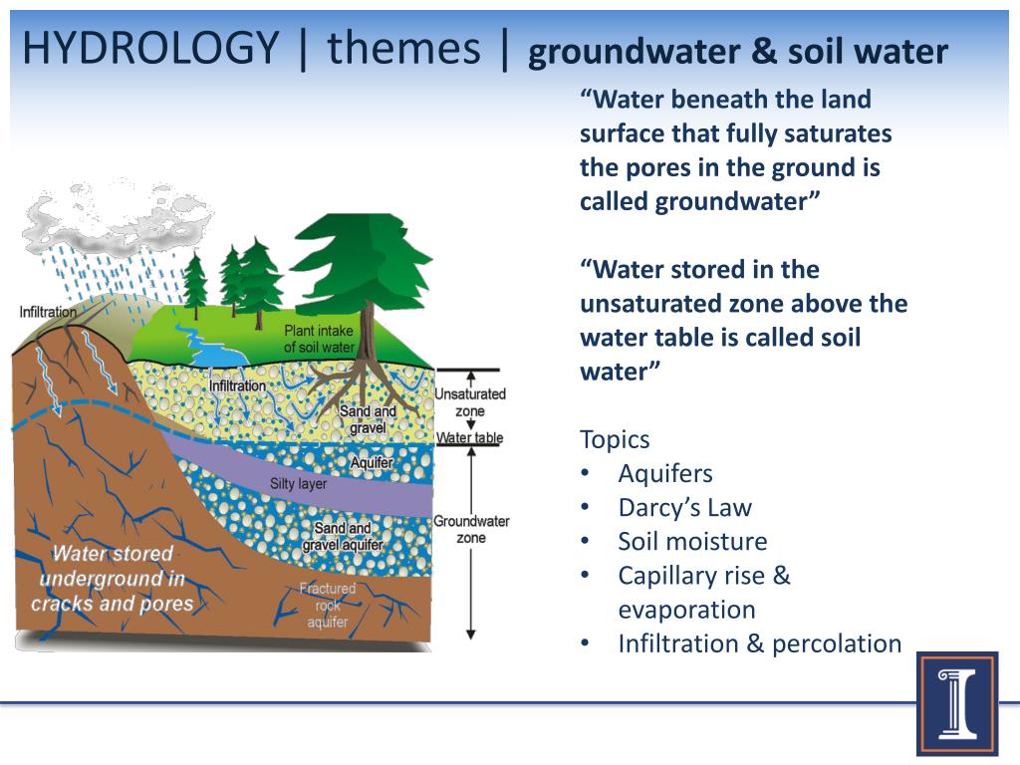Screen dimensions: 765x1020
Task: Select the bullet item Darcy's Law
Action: tap(684, 507)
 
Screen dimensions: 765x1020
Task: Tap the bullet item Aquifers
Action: tap(664, 473)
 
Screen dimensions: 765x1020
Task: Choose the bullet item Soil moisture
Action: tap(692, 541)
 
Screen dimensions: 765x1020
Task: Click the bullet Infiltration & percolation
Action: tap(759, 643)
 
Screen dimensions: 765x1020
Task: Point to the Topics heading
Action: tap(615, 439)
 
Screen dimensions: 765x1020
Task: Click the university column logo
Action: tap(956, 703)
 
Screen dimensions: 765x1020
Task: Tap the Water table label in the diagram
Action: tap(470, 437)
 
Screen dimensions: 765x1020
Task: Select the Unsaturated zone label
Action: tap(470, 401)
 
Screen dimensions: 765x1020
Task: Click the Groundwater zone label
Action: tap(471, 529)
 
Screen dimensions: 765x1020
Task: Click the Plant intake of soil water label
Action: tap(320, 339)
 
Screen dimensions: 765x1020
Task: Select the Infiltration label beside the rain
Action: tap(48, 312)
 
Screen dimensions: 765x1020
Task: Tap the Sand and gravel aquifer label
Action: tap(342, 537)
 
